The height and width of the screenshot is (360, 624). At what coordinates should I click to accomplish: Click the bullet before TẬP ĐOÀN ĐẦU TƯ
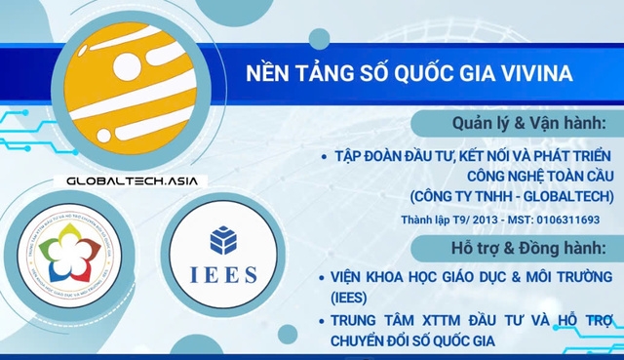pyautogui.click(x=324, y=156)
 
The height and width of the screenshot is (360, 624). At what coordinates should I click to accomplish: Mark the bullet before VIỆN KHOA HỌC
pyautogui.click(x=324, y=278)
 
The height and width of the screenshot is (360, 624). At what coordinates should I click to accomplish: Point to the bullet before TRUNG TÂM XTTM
pyautogui.click(x=324, y=321)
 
